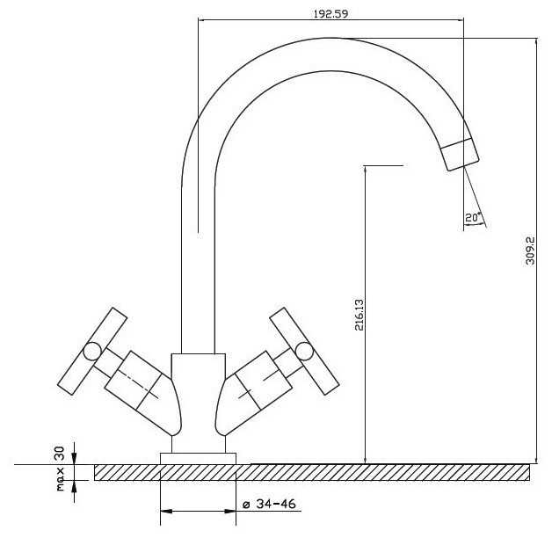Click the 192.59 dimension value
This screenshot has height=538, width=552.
[x=330, y=14]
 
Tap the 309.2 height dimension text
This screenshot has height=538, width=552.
[x=530, y=251]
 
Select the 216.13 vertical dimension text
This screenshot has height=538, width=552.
[x=360, y=315]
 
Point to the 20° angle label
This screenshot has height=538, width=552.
[x=473, y=218]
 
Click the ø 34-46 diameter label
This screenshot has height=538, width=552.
[x=269, y=504]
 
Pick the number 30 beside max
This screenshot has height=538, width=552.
[x=60, y=454]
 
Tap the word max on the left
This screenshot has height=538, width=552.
[x=60, y=479]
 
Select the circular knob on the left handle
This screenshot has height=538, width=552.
[x=92, y=352]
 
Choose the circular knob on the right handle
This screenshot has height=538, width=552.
[x=304, y=351]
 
